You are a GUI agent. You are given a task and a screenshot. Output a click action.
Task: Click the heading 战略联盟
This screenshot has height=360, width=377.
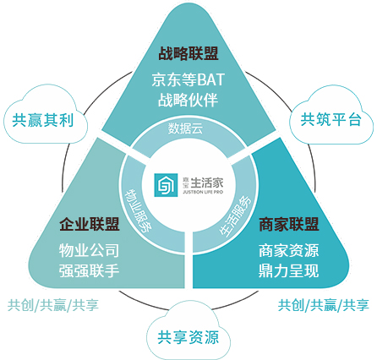click(188, 53)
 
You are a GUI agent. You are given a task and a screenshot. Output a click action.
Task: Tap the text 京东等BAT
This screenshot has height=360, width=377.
click(188, 79)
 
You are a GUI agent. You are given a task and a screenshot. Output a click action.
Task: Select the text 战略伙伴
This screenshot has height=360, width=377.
click(188, 100)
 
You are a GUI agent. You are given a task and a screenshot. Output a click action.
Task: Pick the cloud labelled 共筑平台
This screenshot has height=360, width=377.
click(331, 117)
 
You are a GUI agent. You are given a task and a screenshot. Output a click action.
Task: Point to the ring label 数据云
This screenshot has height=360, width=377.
click(185, 128)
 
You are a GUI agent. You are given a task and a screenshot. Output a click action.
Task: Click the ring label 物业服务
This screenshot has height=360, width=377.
click(139, 210)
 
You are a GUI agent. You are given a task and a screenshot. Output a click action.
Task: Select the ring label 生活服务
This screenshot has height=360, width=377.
click(236, 215)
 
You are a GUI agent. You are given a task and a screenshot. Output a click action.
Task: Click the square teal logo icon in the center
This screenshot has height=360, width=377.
click(166, 185)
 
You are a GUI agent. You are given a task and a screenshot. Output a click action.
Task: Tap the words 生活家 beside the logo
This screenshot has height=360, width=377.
click(207, 183)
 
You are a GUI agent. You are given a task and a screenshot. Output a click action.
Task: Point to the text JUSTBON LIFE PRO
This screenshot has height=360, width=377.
click(203, 192)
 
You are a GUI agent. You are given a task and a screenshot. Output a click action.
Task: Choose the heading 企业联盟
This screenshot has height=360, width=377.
click(90, 224)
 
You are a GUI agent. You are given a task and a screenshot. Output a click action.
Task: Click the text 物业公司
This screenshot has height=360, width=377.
click(89, 250)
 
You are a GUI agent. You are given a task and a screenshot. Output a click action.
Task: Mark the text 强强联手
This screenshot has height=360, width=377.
click(89, 270)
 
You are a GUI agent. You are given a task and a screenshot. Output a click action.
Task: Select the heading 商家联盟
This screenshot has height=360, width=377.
click(289, 224)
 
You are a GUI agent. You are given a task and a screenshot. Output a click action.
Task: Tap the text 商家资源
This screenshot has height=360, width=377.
click(289, 250)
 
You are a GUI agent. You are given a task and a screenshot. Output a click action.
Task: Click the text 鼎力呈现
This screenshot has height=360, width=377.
click(289, 270)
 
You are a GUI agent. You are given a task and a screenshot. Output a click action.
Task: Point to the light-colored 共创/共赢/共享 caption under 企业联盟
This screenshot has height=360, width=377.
click(53, 305)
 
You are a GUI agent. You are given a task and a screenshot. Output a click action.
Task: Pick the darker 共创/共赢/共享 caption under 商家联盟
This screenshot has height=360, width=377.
click(324, 305)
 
